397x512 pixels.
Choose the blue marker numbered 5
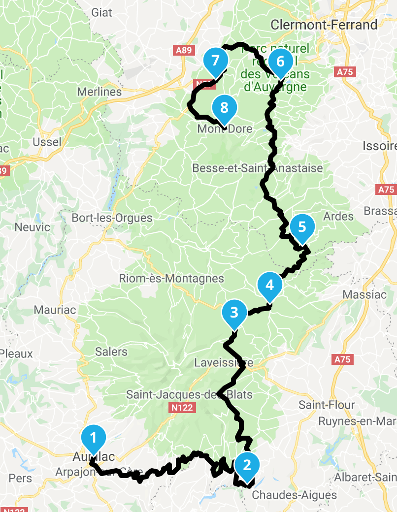[302, 227]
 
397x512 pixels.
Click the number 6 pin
[281, 62]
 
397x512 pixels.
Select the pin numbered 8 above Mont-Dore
[225, 107]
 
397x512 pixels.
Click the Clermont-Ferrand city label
[324, 25]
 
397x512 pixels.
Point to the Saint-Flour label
[327, 405]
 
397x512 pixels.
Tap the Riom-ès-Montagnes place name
[171, 279]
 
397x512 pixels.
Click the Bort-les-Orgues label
[112, 218]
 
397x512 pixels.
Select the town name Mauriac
[55, 310]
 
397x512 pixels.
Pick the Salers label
[112, 352]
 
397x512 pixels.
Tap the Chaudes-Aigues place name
[295, 495]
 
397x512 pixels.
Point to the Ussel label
[47, 142]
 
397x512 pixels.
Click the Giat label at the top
[101, 13]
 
